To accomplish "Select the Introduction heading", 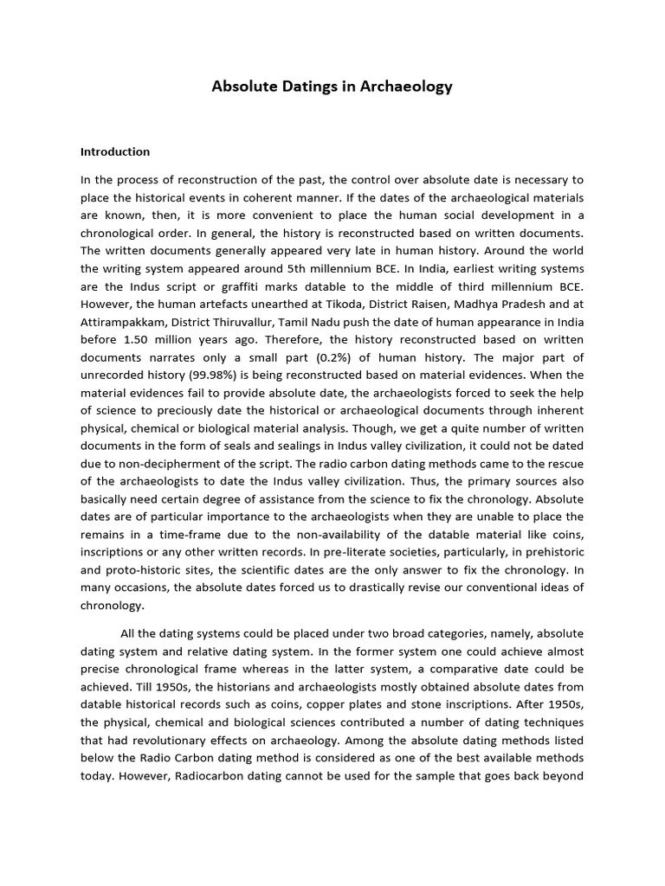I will [x=115, y=151].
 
